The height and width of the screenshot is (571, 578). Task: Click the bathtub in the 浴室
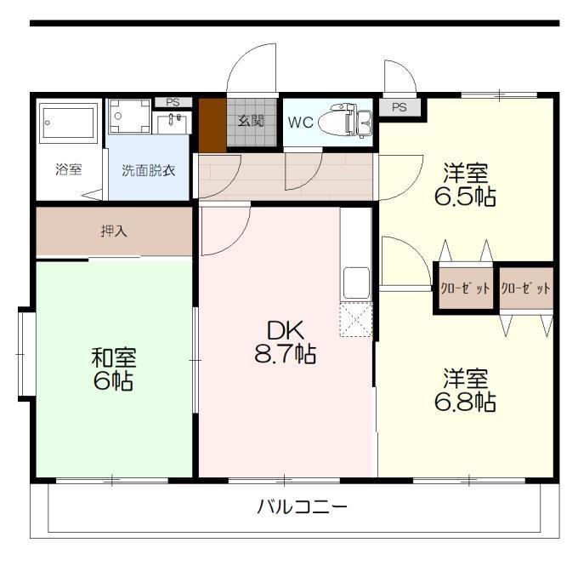point(69,123)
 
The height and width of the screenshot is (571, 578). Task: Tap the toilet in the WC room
point(344,121)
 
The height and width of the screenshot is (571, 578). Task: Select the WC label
point(300,123)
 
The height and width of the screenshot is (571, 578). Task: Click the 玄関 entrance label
point(251,121)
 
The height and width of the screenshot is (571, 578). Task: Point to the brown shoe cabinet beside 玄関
point(212,125)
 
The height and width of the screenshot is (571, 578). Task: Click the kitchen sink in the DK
point(356,283)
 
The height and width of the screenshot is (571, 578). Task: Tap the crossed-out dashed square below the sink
point(356,320)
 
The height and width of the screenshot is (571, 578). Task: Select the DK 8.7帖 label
point(286,342)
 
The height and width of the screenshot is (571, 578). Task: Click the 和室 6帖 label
point(114,368)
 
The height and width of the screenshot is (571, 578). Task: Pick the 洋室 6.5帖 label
point(465,185)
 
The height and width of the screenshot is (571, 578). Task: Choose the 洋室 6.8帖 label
point(465,390)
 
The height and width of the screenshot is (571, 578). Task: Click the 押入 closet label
point(114,231)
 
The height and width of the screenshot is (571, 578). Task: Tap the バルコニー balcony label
point(303,507)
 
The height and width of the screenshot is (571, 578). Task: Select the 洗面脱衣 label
point(148,170)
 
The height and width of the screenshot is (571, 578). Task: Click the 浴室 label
point(69,169)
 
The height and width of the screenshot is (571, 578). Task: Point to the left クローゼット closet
point(466,288)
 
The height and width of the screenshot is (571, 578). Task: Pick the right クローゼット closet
point(526,288)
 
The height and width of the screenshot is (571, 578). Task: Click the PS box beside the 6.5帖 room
point(399,107)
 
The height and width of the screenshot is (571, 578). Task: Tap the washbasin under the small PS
point(172,123)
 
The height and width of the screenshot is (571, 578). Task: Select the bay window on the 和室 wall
point(26,354)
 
